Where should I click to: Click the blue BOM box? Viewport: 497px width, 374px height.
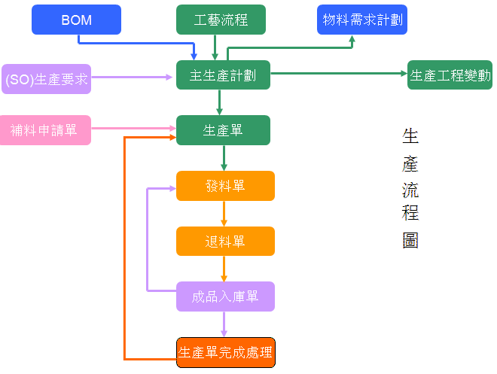tap(76, 20)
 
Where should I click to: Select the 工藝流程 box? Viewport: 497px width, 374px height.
tap(221, 20)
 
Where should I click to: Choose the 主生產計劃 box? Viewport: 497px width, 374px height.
tap(224, 75)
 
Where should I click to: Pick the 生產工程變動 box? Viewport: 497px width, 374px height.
tap(450, 75)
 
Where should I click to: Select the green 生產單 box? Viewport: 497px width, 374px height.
tap(224, 129)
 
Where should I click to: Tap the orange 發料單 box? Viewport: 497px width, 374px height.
tap(225, 186)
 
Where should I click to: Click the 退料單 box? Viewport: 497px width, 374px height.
tap(225, 242)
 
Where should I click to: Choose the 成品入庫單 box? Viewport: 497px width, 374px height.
tap(225, 296)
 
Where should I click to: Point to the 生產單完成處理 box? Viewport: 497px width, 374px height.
tap(225, 352)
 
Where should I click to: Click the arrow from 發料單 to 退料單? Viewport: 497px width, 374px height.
tap(224, 214)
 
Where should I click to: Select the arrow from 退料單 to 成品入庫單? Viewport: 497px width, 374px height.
tap(224, 269)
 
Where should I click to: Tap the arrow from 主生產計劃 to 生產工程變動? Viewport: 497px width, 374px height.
tap(339, 74)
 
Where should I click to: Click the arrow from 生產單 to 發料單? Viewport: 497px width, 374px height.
tap(224, 158)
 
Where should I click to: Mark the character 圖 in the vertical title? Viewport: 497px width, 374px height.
tap(410, 240)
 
